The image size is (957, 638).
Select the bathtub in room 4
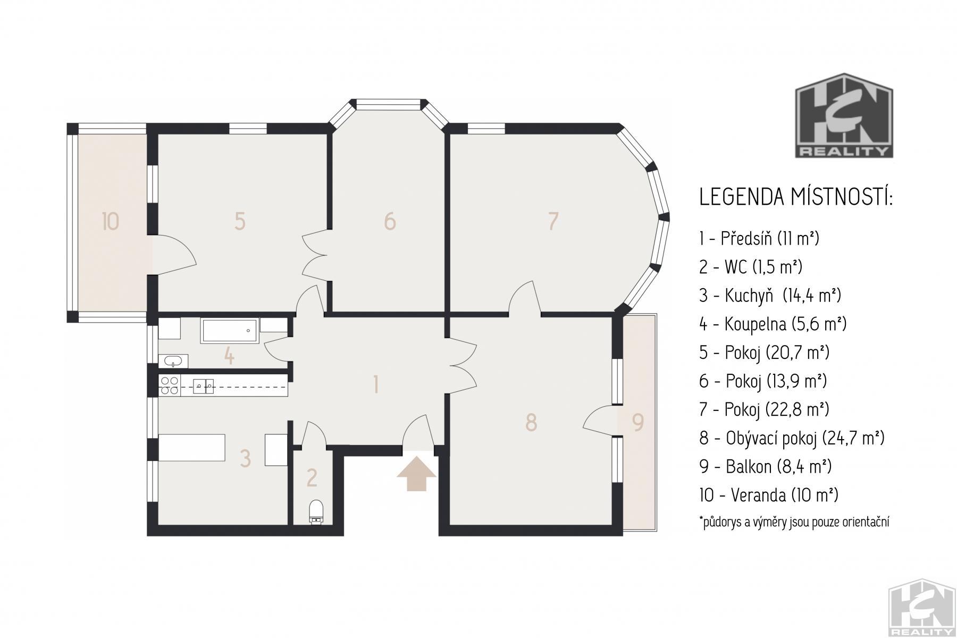pos(229,331)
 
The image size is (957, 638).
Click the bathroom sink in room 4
pos(173,362)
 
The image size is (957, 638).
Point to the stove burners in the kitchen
pos(170,385)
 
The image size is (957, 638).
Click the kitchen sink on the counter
pos(204,385)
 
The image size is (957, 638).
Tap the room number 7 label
pos(553,221)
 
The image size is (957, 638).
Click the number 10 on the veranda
pos(110,221)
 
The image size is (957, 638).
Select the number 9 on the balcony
pos(638,422)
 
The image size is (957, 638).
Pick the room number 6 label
pos(390,221)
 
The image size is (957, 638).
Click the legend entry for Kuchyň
pos(770,295)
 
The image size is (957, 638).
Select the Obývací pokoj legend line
pos(792,438)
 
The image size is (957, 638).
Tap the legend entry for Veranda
pos(768,495)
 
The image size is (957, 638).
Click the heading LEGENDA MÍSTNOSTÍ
pos(796,197)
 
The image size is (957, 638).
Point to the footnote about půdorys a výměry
pos(794,522)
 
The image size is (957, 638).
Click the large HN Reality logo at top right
pos(844,116)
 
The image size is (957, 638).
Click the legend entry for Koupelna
pos(773,324)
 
